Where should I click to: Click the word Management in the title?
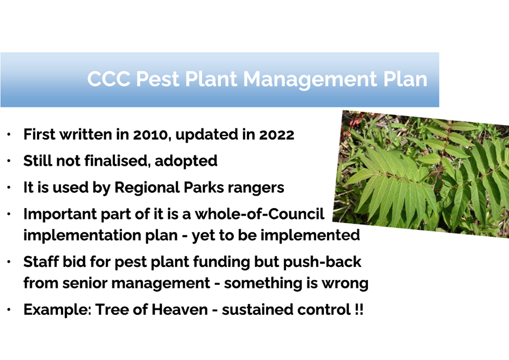pos(310,80)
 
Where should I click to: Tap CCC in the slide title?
pos(108,79)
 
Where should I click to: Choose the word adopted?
pos(186,161)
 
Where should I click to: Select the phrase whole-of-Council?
pos(259,214)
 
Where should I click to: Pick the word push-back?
pos(322,262)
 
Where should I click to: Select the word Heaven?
pos(180,310)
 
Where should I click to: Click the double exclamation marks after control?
pos(359,309)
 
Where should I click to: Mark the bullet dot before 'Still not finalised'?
pos(9,161)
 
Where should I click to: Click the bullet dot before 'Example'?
pos(9,310)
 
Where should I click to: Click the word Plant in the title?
pos(211,79)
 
